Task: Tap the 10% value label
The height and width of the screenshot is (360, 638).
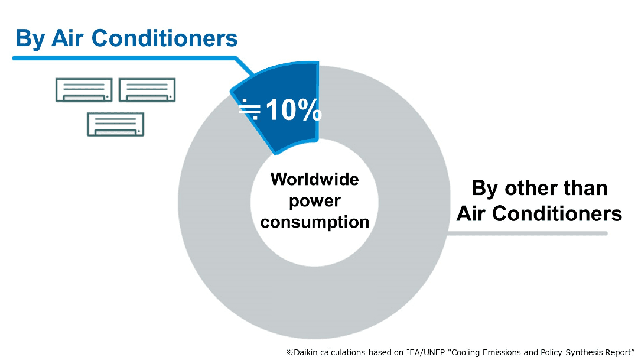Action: [294, 110]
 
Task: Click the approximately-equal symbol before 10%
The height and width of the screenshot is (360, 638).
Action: [249, 109]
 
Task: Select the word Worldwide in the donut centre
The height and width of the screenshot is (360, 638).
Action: [314, 179]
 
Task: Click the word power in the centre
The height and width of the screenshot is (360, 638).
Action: [314, 201]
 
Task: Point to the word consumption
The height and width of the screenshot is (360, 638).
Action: [314, 222]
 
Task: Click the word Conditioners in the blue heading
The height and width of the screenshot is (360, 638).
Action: [164, 38]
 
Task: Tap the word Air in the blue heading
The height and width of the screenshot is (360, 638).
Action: [67, 38]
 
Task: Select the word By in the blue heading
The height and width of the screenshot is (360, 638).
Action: [30, 39]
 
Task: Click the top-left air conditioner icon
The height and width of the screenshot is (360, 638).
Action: [84, 90]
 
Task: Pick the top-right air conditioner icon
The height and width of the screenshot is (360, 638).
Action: [147, 90]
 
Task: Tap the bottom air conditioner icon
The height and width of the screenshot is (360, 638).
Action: [116, 125]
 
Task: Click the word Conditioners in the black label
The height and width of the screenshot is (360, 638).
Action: [557, 214]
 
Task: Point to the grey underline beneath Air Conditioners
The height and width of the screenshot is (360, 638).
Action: [528, 233]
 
